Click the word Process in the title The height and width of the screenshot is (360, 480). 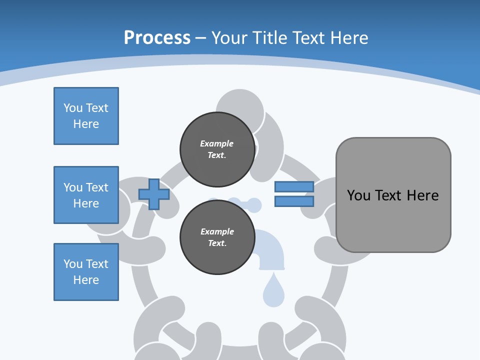157,37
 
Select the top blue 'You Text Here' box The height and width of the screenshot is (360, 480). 86,116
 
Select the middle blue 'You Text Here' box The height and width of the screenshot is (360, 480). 86,195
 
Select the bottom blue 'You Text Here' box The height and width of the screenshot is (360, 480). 86,272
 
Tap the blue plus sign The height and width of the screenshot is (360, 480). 154,194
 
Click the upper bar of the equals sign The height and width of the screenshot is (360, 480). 294,186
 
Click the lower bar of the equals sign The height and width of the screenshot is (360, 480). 294,201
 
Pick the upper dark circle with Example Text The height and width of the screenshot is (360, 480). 217,149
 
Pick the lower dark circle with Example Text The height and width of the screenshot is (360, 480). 217,237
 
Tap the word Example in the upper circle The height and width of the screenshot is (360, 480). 217,143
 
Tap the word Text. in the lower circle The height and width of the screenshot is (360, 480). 217,243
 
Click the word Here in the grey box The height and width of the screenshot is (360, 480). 422,195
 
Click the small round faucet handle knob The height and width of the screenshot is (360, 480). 254,204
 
